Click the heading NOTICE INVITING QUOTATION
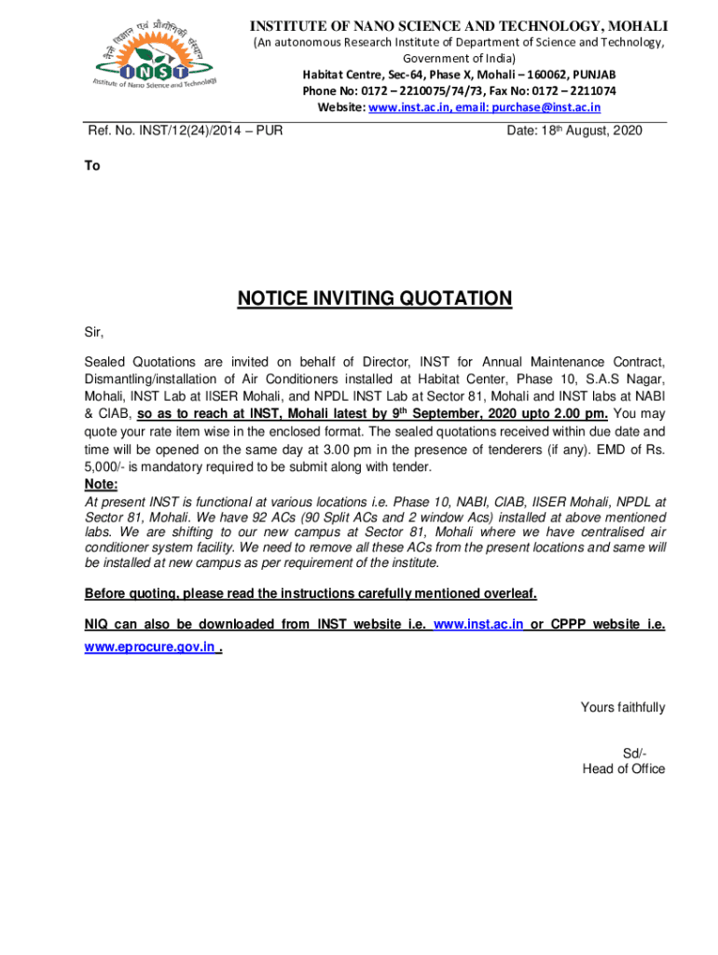click(x=375, y=298)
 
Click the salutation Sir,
click(x=94, y=331)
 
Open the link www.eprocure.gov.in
click(x=150, y=646)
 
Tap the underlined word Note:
click(x=102, y=484)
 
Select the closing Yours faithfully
click(x=623, y=707)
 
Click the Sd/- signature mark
click(x=635, y=753)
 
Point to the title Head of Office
click(x=624, y=768)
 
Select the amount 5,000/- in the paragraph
click(x=105, y=467)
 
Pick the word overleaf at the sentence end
click(x=507, y=594)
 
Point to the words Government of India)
click(x=456, y=58)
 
